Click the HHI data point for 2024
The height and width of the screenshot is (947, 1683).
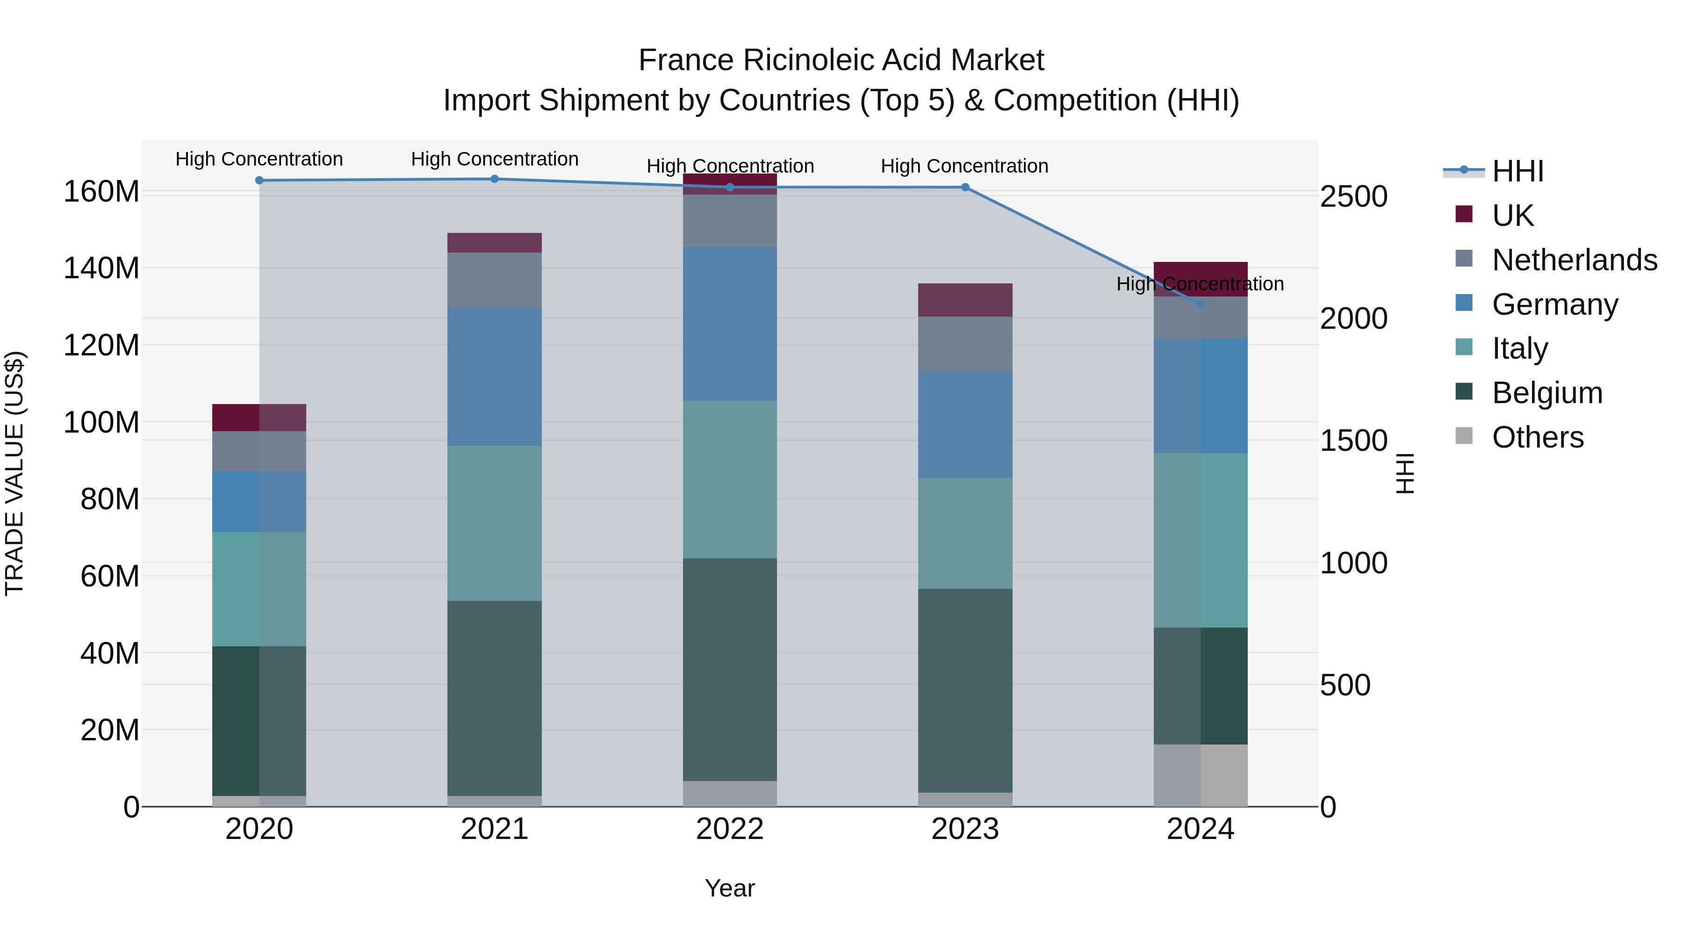click(x=1200, y=304)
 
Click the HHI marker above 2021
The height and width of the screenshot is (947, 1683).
click(x=495, y=179)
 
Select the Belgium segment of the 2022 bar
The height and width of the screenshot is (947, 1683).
click(x=730, y=669)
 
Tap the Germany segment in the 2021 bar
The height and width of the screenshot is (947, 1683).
click(x=495, y=376)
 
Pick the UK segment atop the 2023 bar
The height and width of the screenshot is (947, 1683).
click(x=965, y=300)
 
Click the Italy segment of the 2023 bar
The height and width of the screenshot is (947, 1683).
click(x=965, y=533)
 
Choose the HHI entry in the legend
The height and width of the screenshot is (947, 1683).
click(x=1518, y=171)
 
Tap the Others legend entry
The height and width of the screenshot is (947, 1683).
click(x=1537, y=437)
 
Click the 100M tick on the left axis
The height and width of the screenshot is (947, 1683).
click(x=101, y=422)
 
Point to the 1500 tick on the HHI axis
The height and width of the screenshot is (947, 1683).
click(x=1353, y=441)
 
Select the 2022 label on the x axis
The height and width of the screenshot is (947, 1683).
click(x=730, y=829)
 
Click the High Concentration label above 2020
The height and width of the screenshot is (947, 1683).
click(x=259, y=159)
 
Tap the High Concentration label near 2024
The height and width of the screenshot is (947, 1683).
click(x=1200, y=284)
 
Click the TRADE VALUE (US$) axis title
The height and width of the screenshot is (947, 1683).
click(x=14, y=473)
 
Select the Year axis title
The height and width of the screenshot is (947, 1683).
click(x=730, y=888)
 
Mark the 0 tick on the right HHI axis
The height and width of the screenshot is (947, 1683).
click(x=1328, y=808)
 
